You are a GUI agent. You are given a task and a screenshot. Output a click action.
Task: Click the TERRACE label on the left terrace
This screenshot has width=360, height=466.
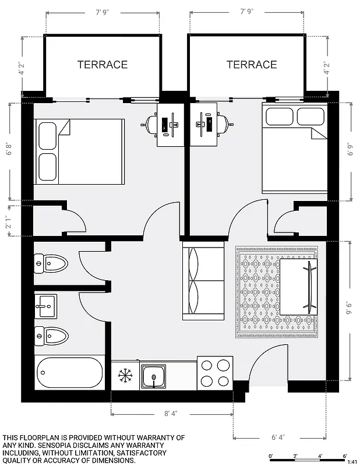click(x=103, y=65)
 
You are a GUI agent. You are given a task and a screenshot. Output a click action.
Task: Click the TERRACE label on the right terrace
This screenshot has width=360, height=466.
click(x=252, y=65)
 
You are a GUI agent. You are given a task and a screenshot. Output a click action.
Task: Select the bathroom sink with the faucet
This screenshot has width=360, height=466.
click(x=46, y=303)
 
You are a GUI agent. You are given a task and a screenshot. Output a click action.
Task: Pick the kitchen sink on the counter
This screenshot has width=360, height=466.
click(x=153, y=376)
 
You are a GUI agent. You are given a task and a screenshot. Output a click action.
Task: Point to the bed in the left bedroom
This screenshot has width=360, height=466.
click(x=79, y=150)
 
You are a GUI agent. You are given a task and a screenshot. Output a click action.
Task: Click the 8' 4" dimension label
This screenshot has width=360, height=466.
click(x=171, y=414)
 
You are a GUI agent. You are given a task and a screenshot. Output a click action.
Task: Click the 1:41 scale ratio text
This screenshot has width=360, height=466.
click(x=352, y=461)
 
